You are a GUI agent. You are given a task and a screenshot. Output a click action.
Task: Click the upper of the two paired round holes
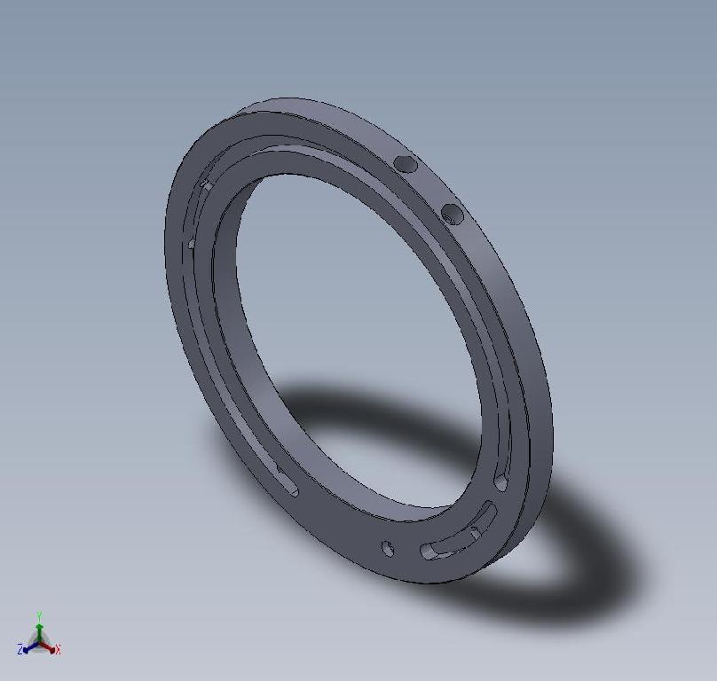[x=405, y=164]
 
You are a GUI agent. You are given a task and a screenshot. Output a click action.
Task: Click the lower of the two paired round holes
[x=452, y=214]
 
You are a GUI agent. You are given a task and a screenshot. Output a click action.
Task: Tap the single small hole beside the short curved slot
[x=388, y=549]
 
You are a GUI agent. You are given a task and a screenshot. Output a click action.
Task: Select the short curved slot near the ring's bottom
[x=458, y=533]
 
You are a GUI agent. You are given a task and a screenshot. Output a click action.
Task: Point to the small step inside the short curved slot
[x=476, y=532]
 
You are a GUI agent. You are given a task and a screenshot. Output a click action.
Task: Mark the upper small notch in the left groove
[x=205, y=185]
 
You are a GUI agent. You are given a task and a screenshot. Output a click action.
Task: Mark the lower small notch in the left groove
[x=191, y=243]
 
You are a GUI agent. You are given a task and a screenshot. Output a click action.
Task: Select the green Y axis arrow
[x=40, y=628]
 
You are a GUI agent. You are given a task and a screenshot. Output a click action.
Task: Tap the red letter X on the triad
[x=58, y=651]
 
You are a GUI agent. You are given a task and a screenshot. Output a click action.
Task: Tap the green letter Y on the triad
[x=40, y=615]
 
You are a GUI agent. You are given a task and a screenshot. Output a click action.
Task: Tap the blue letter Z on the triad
[x=20, y=651]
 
